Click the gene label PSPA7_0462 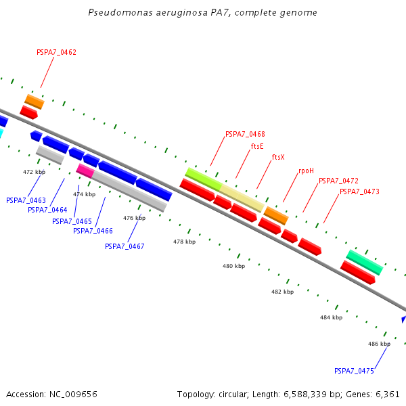tap(56, 52)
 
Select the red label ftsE tap(257, 145)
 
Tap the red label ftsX tap(278, 157)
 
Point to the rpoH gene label tap(306, 171)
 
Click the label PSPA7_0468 tap(245, 134)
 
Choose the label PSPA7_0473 tap(359, 191)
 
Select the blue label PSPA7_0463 tap(26, 200)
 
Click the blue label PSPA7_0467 tap(125, 246)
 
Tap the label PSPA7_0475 tap(354, 371)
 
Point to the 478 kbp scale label tap(184, 242)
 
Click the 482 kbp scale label tap(282, 292)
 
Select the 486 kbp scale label tap(379, 344)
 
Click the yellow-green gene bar tap(203, 179)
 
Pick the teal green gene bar tap(365, 262)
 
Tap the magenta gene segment tap(85, 170)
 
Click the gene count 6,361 tap(386, 394)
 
